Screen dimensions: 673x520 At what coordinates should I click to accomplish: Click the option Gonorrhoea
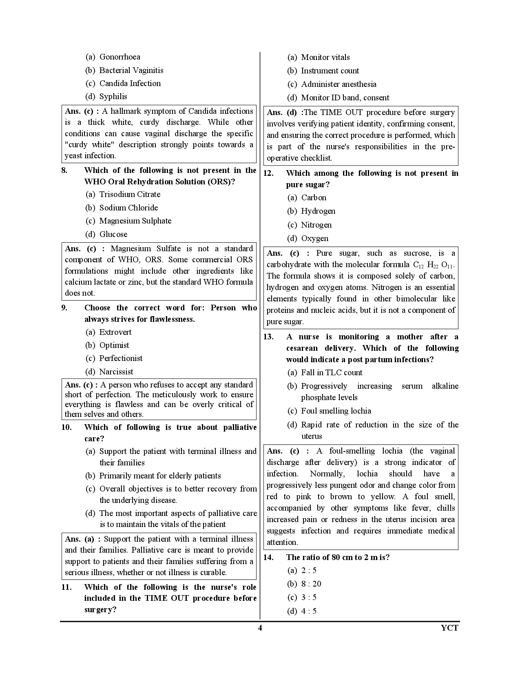(x=119, y=57)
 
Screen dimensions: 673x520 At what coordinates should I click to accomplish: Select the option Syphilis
(x=113, y=96)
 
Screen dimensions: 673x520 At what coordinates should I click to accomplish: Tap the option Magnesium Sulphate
(x=135, y=221)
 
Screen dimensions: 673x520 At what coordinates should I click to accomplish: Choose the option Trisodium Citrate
(x=130, y=194)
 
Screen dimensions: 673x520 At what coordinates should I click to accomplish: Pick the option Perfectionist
(x=121, y=358)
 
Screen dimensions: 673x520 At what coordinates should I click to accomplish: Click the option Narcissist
(x=116, y=372)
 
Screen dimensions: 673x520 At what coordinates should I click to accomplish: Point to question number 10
(x=66, y=427)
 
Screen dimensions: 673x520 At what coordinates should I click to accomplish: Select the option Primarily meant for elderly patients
(x=160, y=476)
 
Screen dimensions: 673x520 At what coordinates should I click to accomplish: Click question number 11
(x=66, y=587)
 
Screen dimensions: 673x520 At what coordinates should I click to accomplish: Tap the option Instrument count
(x=330, y=71)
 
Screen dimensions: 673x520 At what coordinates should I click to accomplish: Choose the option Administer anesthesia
(x=339, y=84)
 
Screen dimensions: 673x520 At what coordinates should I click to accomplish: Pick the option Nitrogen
(x=316, y=225)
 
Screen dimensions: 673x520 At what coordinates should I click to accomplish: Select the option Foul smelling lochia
(x=336, y=411)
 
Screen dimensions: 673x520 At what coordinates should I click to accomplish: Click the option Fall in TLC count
(x=331, y=372)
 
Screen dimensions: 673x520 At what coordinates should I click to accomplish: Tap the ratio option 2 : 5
(x=309, y=570)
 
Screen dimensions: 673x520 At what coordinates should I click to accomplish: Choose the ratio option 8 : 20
(x=311, y=584)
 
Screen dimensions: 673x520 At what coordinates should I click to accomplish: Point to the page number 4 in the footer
(x=260, y=628)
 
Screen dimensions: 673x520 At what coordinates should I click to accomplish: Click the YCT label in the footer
(x=449, y=628)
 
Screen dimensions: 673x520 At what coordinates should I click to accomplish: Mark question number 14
(x=268, y=557)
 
